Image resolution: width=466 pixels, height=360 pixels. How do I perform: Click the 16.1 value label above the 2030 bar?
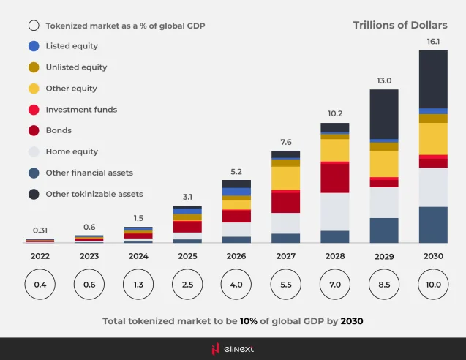point(433,42)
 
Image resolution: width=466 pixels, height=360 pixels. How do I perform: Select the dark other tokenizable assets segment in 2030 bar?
point(433,79)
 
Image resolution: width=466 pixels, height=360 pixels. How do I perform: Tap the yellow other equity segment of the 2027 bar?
point(285,178)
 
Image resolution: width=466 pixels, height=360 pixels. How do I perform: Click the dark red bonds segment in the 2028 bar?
point(335,177)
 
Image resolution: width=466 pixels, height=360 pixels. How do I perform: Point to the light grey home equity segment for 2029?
point(384,203)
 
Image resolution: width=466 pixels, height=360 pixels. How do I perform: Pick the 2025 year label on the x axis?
point(187,256)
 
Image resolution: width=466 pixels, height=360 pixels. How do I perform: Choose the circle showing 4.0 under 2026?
point(236,284)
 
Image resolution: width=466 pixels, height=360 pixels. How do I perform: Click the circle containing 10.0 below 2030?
point(433,284)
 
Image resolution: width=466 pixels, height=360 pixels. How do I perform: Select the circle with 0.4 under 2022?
point(40,284)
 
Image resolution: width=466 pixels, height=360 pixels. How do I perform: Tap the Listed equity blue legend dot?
point(34,46)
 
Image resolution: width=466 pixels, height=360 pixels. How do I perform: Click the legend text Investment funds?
point(81,110)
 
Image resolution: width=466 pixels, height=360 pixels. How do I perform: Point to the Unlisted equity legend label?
point(76,67)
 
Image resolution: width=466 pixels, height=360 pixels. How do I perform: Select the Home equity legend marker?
point(34,152)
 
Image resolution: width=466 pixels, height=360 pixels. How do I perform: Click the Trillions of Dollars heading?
point(400,25)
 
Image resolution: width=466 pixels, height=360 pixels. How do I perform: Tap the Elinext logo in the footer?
point(233,349)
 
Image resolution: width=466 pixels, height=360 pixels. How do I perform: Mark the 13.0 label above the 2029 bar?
point(384,80)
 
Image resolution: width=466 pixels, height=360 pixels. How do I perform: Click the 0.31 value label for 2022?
point(40,230)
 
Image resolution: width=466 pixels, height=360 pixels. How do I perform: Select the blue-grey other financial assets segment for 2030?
point(433,225)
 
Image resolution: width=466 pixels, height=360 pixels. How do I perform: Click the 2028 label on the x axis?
point(335,256)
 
